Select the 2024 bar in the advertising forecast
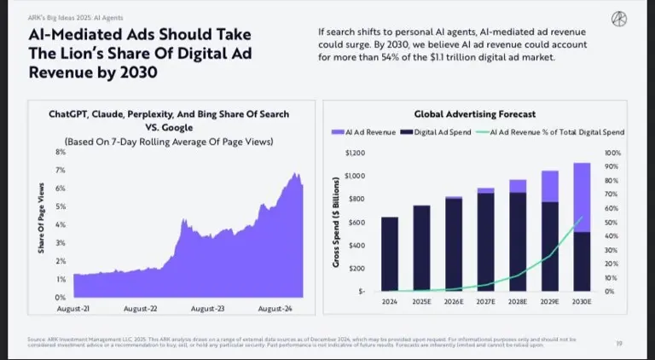click(x=389, y=253)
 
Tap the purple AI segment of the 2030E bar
click(x=581, y=197)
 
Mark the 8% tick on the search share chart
click(x=61, y=152)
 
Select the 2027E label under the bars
click(x=485, y=302)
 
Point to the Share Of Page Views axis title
click(x=41, y=218)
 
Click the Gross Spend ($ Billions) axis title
click(x=337, y=222)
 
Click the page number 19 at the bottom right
click(x=618, y=343)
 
